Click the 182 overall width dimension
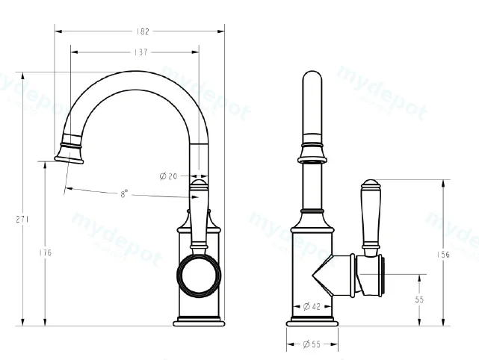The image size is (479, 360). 143,31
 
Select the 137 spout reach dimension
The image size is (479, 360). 140,52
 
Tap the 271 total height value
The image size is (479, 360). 22,220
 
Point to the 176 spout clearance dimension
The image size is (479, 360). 46,252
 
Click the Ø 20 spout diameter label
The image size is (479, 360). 168,176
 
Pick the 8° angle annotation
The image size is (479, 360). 124,193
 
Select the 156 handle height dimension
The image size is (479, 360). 443,255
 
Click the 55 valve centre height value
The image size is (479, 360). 419,300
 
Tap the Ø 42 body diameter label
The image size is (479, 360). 312,306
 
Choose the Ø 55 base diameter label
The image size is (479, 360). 312,344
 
